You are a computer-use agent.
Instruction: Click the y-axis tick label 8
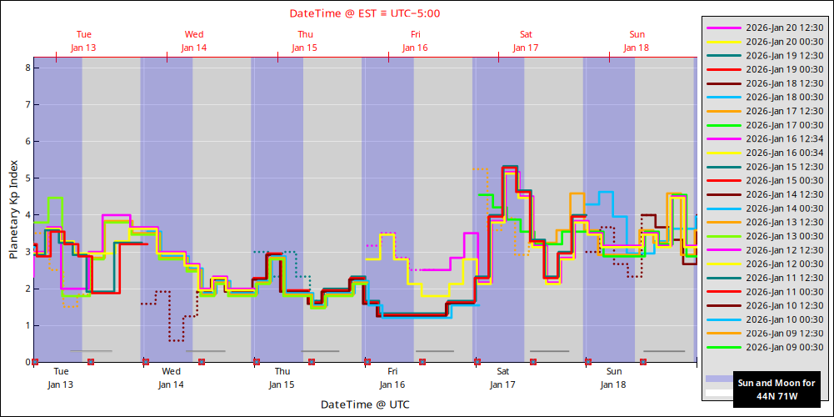27,68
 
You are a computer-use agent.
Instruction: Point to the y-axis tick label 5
27,178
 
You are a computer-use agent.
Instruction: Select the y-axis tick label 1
27,325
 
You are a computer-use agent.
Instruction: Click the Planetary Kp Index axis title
13,209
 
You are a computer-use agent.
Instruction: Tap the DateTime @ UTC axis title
365,404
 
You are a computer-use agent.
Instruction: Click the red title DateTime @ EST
365,13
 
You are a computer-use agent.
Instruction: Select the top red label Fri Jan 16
415,41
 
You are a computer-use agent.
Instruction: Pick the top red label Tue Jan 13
83,41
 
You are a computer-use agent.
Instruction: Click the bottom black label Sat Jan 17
503,378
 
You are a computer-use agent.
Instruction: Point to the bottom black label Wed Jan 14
172,378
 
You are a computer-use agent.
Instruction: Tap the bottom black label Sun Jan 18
614,378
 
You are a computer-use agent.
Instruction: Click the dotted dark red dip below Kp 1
176,340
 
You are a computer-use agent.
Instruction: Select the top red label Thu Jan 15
305,41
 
